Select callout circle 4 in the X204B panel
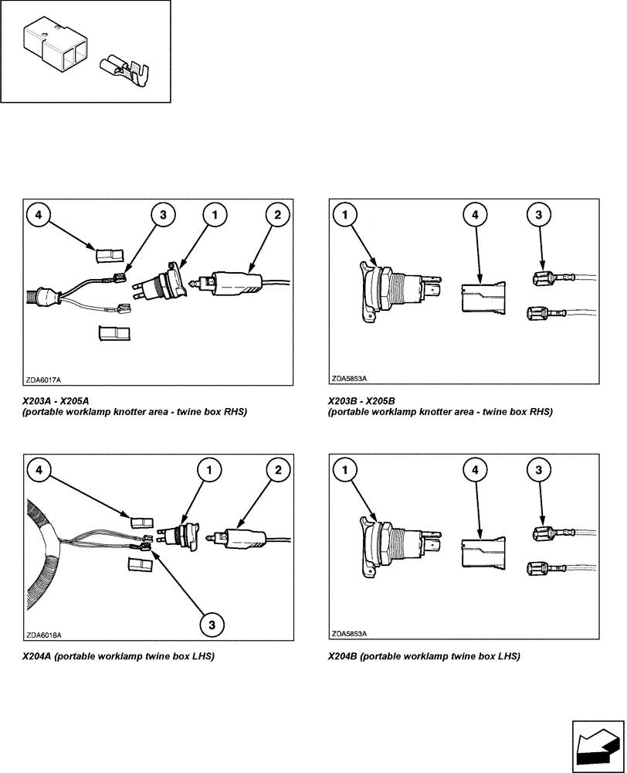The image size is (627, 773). pos(477,469)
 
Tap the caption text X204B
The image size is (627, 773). pos(342,656)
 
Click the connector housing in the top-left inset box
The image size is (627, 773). pos(54,48)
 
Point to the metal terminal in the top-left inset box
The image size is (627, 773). pos(127,73)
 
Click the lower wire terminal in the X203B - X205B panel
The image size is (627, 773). pos(545,313)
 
